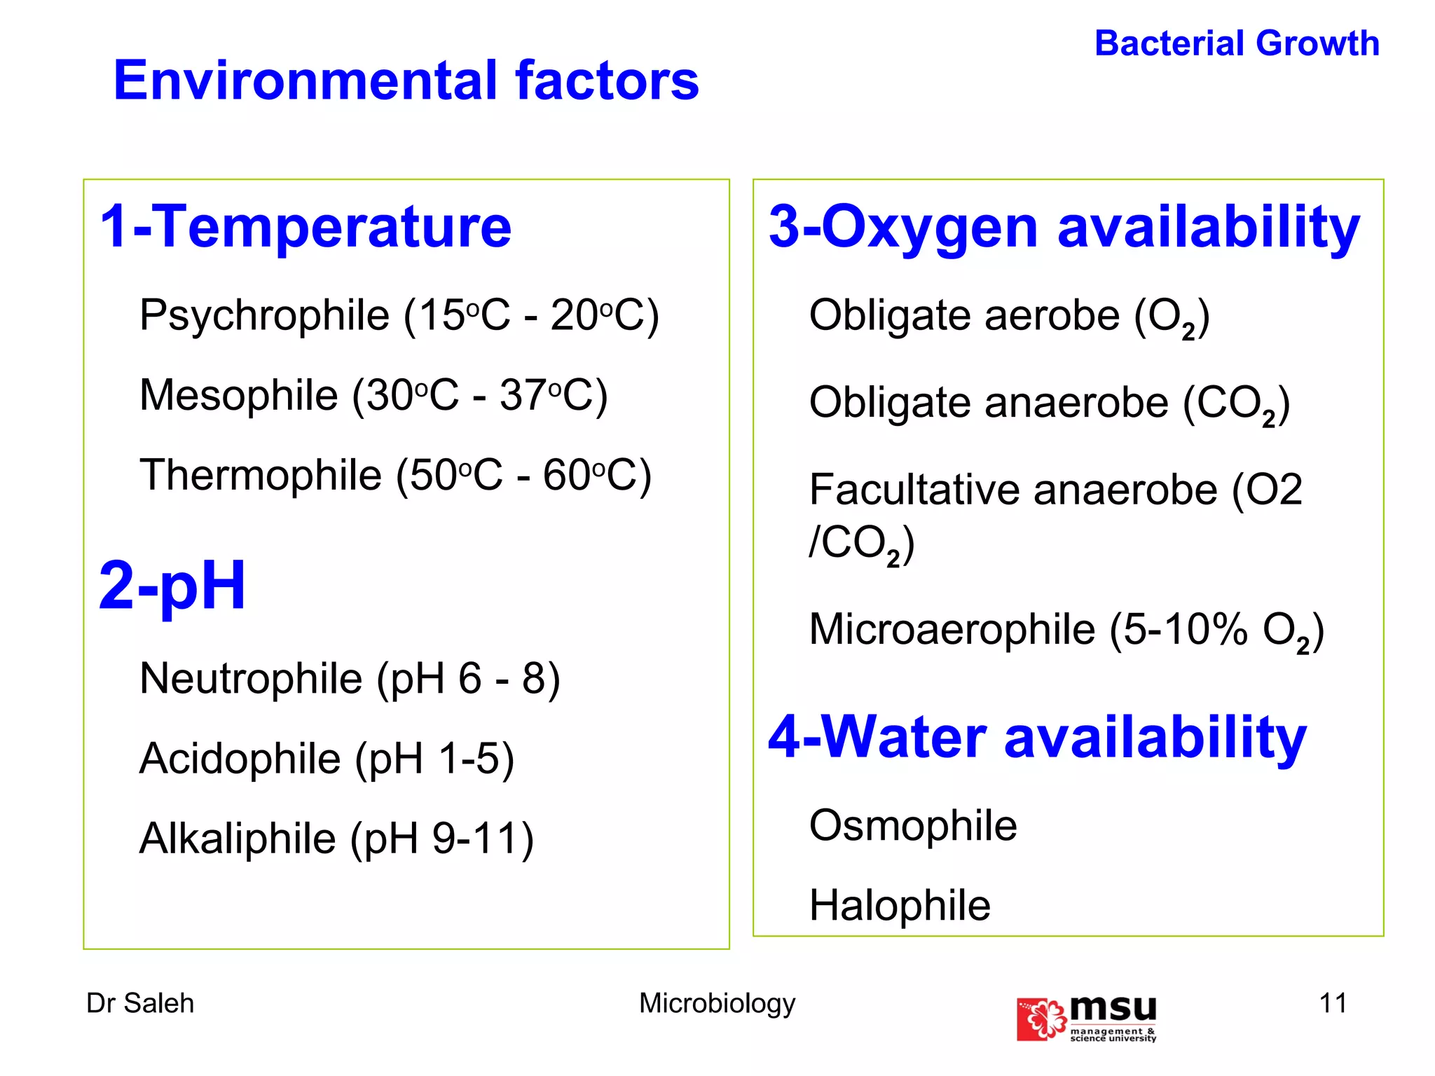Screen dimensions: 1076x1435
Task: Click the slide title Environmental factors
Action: [x=406, y=81]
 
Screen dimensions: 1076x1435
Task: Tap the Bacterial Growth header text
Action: [x=1237, y=43]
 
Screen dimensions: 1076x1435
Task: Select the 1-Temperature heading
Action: [x=305, y=226]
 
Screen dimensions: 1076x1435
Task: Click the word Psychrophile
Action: [x=264, y=315]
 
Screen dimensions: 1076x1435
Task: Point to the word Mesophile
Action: [x=239, y=395]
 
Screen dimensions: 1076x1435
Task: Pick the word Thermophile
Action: [x=261, y=475]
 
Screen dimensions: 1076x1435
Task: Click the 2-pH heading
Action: [x=172, y=586]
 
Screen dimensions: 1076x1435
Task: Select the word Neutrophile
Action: [x=251, y=678]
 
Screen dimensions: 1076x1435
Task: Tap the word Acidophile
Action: [x=240, y=759]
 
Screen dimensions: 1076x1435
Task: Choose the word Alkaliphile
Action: [x=238, y=839]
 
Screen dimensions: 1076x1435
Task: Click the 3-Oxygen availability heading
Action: [x=1064, y=227]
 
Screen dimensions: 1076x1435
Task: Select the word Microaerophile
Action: [x=952, y=629]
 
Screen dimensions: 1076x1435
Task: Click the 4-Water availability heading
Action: [x=1037, y=737]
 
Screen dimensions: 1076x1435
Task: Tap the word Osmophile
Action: [x=912, y=825]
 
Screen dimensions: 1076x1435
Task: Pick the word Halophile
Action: [x=900, y=905]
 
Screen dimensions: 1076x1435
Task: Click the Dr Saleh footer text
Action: [x=139, y=1003]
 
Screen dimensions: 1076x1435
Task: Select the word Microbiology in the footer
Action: [x=717, y=1003]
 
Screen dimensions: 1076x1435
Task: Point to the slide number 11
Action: [x=1333, y=1003]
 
